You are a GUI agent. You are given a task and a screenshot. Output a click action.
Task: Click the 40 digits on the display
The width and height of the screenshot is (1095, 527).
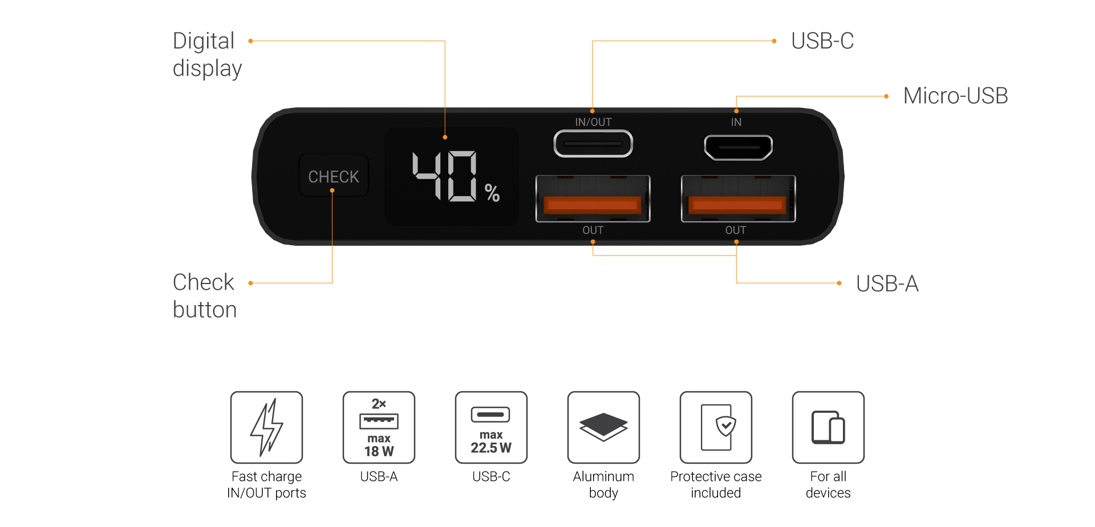(x=445, y=176)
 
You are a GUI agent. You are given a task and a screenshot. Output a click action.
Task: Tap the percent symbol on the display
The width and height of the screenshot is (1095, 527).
(x=492, y=193)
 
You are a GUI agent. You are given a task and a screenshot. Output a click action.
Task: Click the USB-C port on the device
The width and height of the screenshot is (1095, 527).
(x=593, y=144)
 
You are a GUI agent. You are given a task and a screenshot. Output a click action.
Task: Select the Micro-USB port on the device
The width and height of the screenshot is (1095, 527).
(x=738, y=147)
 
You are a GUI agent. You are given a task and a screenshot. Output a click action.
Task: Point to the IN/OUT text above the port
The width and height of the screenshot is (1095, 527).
(x=593, y=122)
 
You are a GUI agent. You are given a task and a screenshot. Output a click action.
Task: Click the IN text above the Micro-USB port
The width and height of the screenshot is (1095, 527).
(x=736, y=122)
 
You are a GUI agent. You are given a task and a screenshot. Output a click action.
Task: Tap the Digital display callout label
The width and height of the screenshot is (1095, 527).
(x=207, y=55)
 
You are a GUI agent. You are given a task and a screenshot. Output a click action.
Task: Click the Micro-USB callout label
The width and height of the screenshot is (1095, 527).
(x=955, y=96)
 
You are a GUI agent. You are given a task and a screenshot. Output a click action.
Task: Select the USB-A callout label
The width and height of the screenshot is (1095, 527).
(x=887, y=283)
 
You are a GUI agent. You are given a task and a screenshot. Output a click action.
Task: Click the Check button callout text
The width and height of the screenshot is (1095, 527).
(x=205, y=296)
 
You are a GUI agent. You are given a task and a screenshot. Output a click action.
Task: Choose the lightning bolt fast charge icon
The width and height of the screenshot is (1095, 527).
(x=266, y=427)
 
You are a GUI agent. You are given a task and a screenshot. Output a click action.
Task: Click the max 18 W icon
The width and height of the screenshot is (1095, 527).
(x=379, y=427)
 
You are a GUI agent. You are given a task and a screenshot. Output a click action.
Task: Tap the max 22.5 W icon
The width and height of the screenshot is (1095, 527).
(x=491, y=427)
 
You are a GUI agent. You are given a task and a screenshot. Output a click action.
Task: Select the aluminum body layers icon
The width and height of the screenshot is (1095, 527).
(x=603, y=427)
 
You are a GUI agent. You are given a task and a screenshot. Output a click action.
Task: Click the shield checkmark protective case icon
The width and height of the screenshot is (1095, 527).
(x=716, y=427)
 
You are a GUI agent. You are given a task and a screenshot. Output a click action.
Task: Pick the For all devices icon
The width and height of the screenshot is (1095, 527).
(x=828, y=427)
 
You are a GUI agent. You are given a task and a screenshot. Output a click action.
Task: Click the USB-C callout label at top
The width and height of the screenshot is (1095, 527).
(x=822, y=41)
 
